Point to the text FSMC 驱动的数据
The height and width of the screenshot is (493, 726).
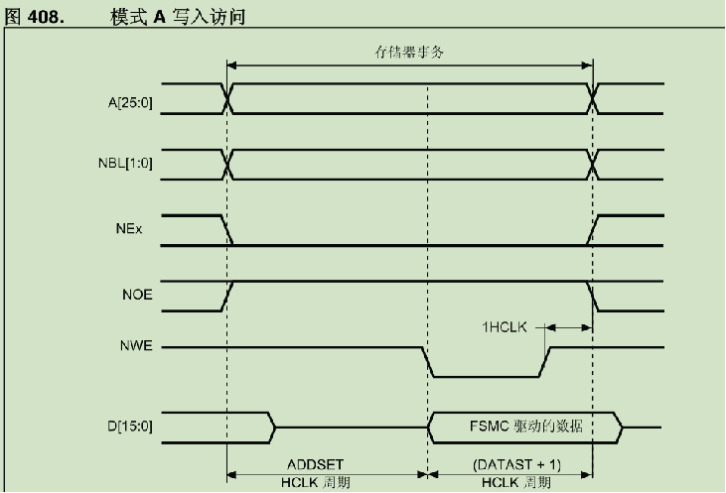(x=525, y=427)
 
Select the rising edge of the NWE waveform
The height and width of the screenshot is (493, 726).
(x=545, y=363)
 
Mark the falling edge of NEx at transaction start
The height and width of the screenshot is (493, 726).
(x=228, y=230)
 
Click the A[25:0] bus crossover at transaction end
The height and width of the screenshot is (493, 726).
(x=594, y=99)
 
